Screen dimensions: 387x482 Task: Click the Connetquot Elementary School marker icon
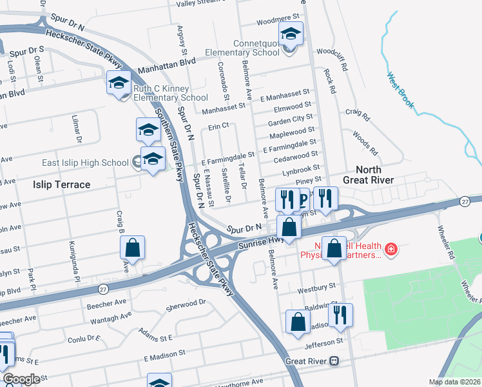point(291,34)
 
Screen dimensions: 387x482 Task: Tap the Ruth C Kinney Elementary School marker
point(119,83)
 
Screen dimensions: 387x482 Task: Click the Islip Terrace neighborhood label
point(62,184)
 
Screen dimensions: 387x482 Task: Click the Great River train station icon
point(334,362)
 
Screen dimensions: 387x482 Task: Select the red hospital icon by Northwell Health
point(390,248)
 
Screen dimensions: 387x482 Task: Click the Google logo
point(21,379)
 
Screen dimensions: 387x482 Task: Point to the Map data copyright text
point(455,382)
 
